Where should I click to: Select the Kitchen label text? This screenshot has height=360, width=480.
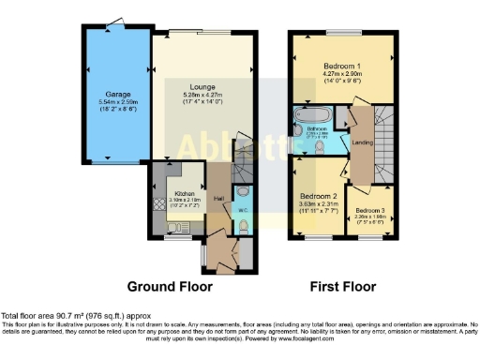(183, 194)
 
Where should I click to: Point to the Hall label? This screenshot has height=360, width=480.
(217, 199)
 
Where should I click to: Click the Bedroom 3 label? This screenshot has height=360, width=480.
(370, 211)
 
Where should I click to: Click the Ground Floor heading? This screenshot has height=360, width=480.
(170, 286)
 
